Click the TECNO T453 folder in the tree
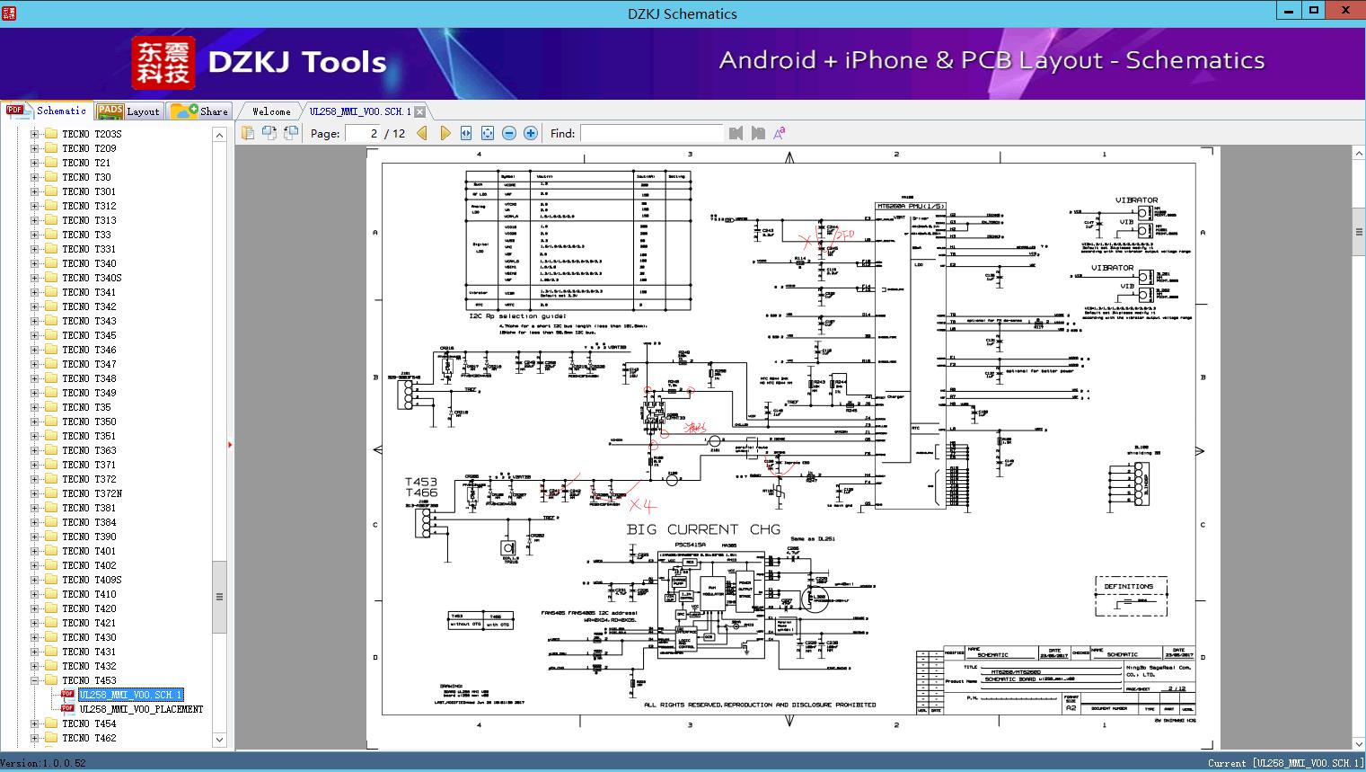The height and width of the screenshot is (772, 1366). (89, 680)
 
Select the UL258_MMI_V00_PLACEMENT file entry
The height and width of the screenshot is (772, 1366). (140, 709)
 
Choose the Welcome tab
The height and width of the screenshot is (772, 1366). (271, 111)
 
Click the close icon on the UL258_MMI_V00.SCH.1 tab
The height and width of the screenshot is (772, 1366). (419, 111)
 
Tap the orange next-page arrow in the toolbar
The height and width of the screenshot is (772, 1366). (445, 133)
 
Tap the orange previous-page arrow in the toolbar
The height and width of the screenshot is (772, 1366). (422, 133)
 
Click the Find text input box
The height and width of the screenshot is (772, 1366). (651, 133)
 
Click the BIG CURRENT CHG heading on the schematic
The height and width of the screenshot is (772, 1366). (703, 529)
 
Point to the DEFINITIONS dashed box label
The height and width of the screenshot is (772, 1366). (1129, 586)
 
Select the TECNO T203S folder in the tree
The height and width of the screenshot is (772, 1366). (92, 134)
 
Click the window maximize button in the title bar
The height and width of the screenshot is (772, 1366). (1314, 11)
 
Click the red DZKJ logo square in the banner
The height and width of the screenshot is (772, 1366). (163, 63)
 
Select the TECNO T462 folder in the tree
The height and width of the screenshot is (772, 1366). (89, 738)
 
